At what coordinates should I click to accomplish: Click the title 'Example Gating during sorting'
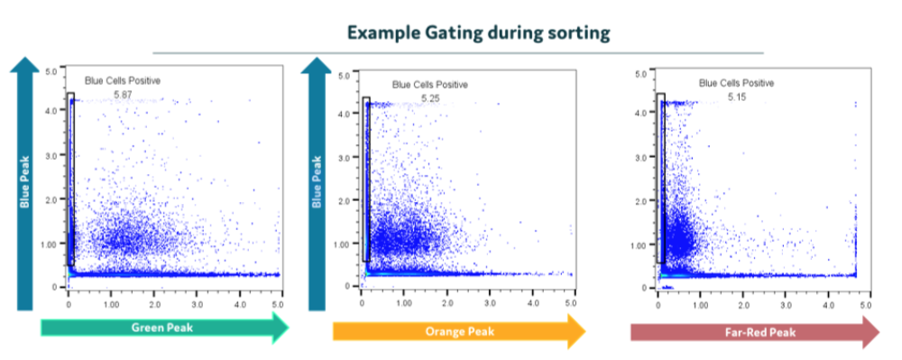479,32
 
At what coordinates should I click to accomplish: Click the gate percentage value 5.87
124,94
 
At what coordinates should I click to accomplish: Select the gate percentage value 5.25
430,98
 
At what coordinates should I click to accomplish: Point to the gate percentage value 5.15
736,97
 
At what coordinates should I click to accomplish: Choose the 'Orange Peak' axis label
460,331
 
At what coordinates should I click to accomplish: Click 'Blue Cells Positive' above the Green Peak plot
123,81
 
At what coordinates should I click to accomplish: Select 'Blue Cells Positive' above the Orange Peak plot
430,85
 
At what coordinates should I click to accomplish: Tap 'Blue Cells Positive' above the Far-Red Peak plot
736,83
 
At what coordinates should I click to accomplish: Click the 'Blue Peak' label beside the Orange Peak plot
317,182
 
